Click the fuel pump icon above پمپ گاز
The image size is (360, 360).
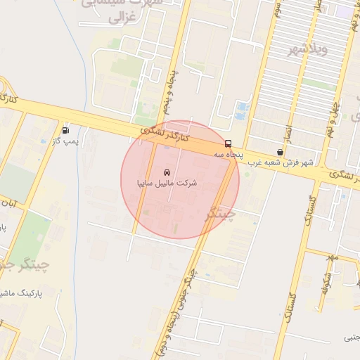click(x=65, y=129)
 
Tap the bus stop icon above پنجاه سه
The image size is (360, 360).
click(x=227, y=143)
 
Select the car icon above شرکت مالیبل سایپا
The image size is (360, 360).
click(x=166, y=172)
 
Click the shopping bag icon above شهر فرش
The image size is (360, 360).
click(x=281, y=152)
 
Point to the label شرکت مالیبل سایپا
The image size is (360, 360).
click(x=167, y=183)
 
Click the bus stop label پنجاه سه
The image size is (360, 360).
click(x=227, y=153)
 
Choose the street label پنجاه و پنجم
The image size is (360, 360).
click(x=171, y=92)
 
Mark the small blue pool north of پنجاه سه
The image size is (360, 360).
click(x=243, y=109)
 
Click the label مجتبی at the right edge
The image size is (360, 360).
click(x=350, y=337)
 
